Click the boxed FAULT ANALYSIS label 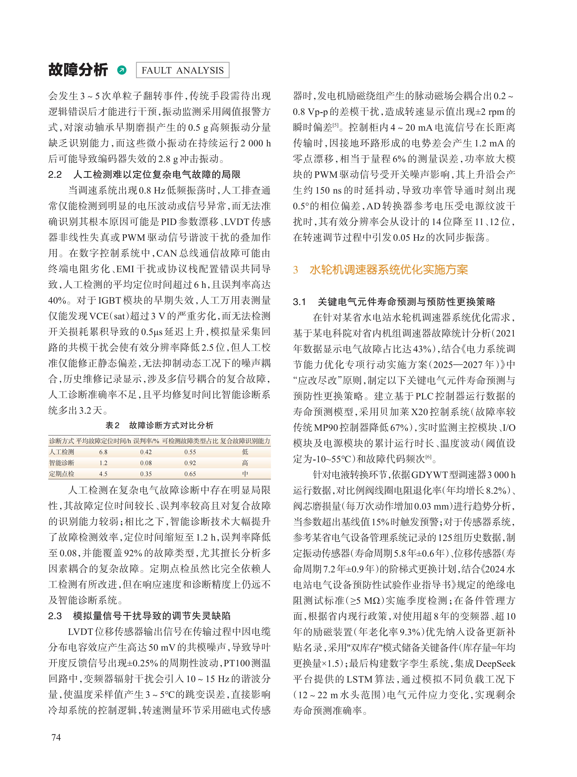182,70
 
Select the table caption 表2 112,425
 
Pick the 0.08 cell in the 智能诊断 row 146,463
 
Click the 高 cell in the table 245,463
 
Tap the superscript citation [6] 429,457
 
